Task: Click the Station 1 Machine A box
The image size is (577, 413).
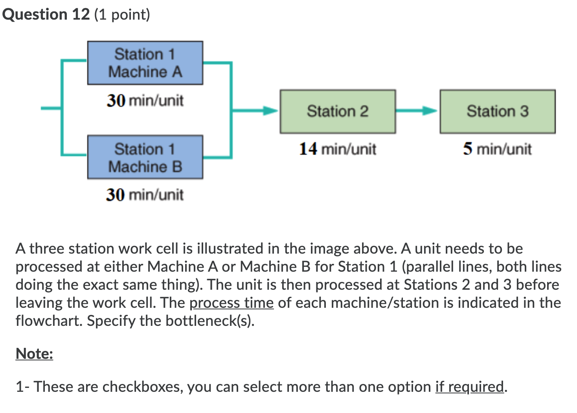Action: (x=145, y=63)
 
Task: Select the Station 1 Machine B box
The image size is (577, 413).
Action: (x=145, y=157)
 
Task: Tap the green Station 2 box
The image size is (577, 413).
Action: (x=338, y=111)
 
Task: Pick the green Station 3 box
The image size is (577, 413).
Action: (x=497, y=111)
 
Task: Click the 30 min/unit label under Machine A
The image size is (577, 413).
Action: (x=145, y=101)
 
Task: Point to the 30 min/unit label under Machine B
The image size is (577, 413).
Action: (x=145, y=195)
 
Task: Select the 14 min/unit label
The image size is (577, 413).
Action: (x=338, y=149)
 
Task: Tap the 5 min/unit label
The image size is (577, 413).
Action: (x=497, y=149)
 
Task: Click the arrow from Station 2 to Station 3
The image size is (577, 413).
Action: (x=417, y=111)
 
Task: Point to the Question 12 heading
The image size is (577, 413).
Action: (x=46, y=15)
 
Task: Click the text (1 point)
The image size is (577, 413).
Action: (x=122, y=15)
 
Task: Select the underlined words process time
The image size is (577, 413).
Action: (x=231, y=303)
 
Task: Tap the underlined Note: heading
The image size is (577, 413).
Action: (x=34, y=354)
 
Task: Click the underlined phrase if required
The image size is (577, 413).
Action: (x=469, y=387)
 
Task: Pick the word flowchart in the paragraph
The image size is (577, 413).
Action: (x=49, y=321)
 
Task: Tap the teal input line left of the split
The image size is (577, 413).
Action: (x=51, y=108)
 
